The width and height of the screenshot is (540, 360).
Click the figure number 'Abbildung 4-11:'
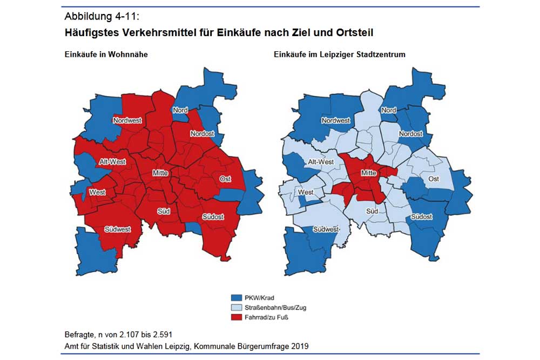tap(101, 15)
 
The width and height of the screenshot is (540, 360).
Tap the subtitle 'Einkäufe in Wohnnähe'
tap(106, 55)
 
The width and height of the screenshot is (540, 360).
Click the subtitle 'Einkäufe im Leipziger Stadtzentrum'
tap(339, 55)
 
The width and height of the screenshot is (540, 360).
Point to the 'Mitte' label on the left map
tap(160, 173)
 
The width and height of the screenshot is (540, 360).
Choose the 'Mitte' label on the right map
tap(368, 173)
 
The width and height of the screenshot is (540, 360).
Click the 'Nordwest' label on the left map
tap(127, 120)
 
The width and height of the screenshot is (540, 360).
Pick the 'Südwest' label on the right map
tap(326, 229)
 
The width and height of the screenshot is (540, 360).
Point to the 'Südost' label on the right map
tap(422, 216)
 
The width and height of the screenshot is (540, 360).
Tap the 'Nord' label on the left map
tap(180, 110)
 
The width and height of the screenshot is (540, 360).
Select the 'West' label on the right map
tap(306, 192)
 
